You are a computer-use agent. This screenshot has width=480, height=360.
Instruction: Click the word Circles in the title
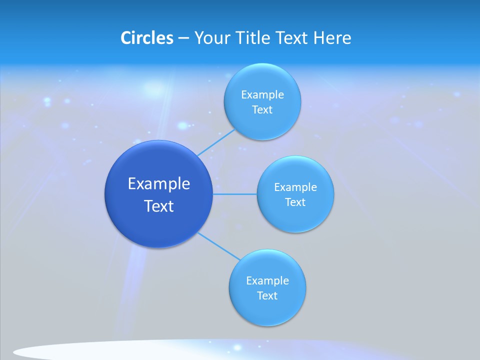(x=146, y=38)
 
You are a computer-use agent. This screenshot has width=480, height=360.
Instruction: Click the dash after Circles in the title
(x=183, y=38)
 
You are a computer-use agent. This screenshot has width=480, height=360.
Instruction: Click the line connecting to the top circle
(x=216, y=142)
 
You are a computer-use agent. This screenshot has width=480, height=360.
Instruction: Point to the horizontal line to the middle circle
(x=235, y=194)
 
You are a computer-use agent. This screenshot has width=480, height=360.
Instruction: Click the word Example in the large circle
(x=159, y=183)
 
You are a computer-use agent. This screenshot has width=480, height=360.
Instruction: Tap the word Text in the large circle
(x=159, y=206)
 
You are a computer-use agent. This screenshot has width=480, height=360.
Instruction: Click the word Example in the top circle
(x=262, y=95)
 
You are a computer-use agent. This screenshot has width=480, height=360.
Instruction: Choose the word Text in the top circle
(x=262, y=110)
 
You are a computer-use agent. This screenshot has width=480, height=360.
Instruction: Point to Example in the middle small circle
(x=295, y=187)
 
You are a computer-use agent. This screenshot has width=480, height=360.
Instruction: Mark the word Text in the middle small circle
(x=295, y=202)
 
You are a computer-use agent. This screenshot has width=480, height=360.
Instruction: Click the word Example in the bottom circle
(x=267, y=280)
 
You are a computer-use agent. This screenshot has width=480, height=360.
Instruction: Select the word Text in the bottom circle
(x=267, y=295)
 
